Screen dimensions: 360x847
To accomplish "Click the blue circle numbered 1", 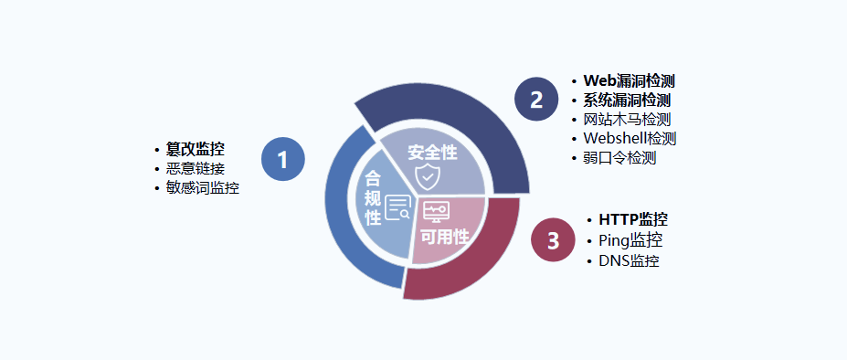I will [282, 160].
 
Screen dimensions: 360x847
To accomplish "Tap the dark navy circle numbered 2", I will [536, 100].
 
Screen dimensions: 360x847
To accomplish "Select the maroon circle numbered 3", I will [553, 241].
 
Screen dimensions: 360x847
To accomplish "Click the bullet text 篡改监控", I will [196, 149].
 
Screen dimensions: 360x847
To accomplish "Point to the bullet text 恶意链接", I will [196, 168].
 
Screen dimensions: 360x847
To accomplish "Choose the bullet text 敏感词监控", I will [203, 188].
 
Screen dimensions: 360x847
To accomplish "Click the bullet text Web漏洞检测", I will [630, 80].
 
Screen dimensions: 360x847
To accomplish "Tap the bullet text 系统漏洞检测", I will [628, 100].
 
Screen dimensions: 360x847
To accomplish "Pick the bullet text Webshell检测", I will [630, 138].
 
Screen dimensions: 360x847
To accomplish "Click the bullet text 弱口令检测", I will [620, 157].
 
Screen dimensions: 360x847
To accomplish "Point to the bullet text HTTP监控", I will [633, 219].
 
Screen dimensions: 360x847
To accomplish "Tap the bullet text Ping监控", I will [630, 240].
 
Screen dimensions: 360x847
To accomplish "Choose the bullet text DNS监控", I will [629, 260].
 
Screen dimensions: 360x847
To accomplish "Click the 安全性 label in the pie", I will [432, 151].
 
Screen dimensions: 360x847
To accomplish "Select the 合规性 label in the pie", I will [373, 197].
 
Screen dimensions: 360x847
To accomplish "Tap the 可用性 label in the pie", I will [444, 237].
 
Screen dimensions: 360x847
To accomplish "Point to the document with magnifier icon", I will [397, 208].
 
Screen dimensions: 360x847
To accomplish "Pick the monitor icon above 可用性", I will [436, 212].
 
